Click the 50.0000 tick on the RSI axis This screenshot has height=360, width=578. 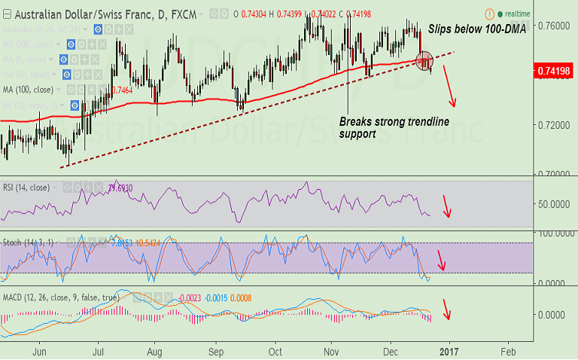point(552,204)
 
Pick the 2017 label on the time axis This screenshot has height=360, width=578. point(449,352)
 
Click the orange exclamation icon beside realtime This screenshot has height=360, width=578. point(490,14)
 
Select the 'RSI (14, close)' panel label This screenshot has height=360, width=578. point(27,188)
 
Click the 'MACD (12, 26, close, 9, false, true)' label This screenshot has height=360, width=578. point(60,297)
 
